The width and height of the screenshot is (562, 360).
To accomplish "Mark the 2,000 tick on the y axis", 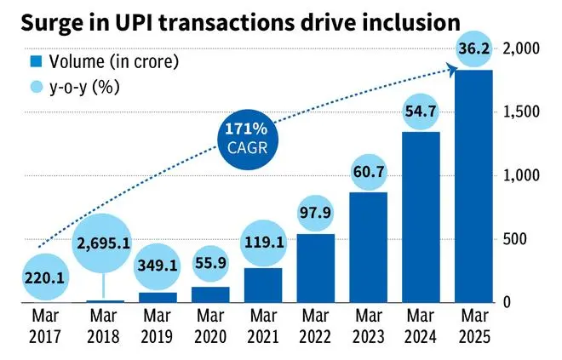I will pos(522,49).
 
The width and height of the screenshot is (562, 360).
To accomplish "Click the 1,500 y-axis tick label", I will pos(522,112).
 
